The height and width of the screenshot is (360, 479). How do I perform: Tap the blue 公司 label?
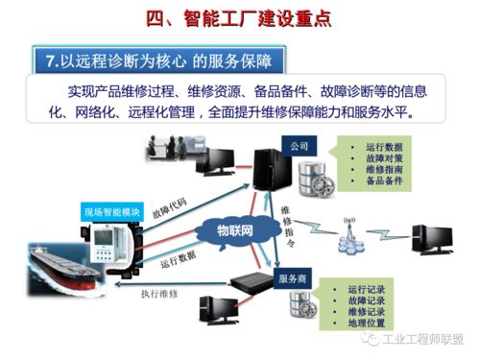297,145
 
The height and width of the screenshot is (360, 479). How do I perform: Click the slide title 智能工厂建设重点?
240,16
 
